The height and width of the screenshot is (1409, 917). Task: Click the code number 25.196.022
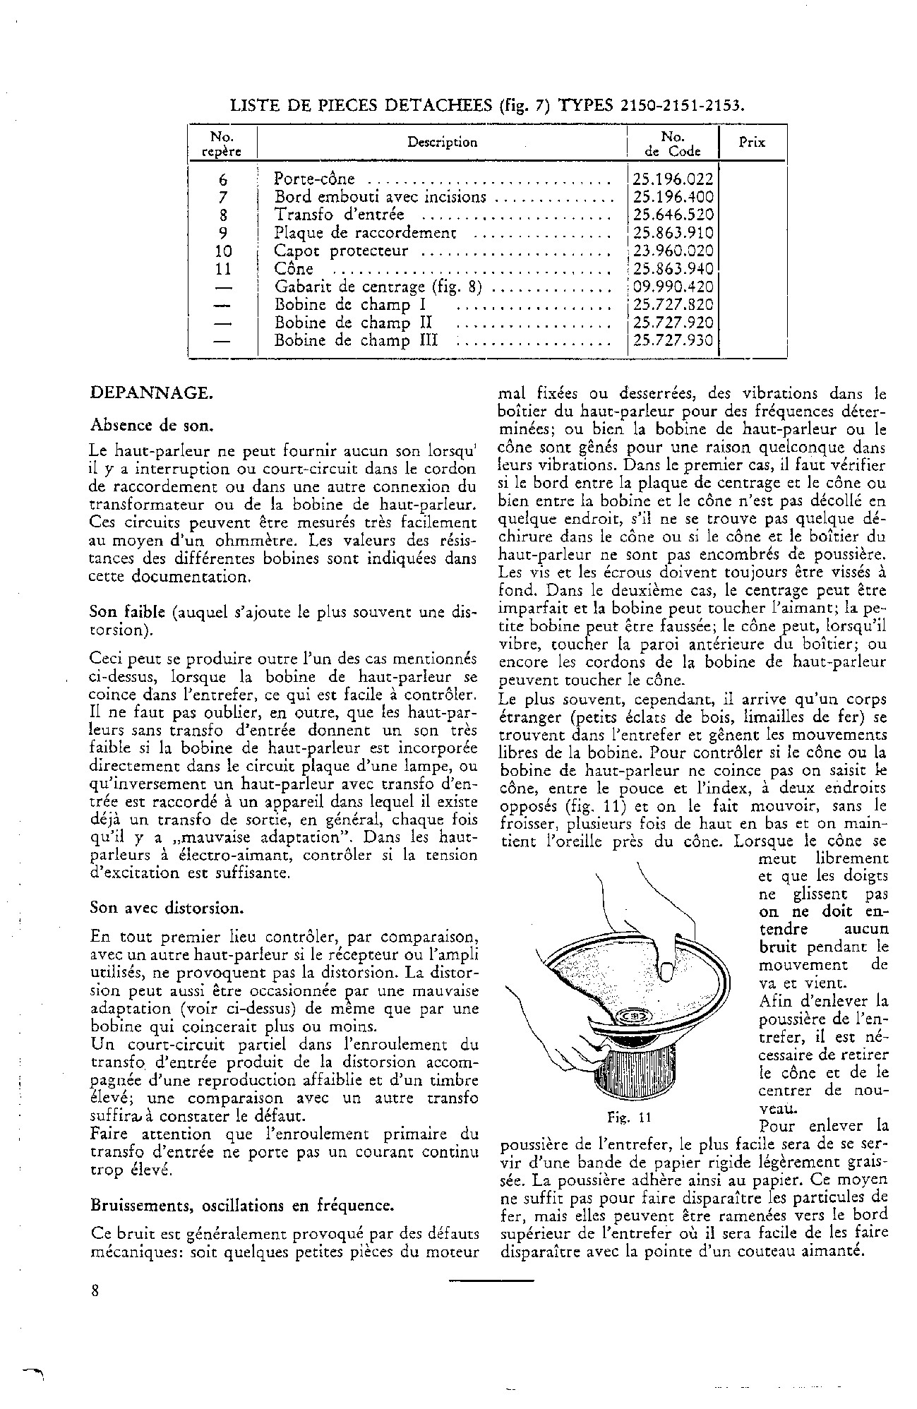click(x=673, y=179)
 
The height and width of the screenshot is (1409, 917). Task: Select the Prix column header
click(x=751, y=143)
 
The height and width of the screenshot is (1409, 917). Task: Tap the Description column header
click(x=442, y=143)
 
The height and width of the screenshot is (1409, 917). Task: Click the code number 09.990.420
click(x=673, y=287)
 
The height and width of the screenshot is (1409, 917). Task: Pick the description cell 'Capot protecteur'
click(x=342, y=251)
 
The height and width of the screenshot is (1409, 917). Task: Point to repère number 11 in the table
click(x=223, y=270)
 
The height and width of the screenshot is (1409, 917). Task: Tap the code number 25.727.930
click(x=673, y=341)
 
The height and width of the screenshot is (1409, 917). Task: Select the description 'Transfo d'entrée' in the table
click(x=340, y=215)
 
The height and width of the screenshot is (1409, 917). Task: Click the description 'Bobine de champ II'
click(x=353, y=323)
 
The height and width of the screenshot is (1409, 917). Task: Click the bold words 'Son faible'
click(x=128, y=611)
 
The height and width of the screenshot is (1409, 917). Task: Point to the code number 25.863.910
click(x=673, y=234)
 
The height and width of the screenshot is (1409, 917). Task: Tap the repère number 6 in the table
click(x=223, y=180)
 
